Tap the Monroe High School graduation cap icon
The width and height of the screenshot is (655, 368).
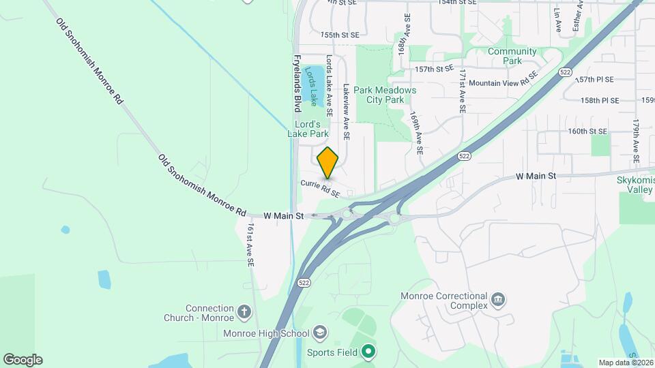[319, 333]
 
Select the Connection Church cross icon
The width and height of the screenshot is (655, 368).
[244, 313]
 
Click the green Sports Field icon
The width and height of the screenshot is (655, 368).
[369, 352]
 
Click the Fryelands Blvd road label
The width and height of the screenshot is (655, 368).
[297, 84]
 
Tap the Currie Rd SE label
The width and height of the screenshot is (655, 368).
[320, 188]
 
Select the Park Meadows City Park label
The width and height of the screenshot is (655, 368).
[385, 95]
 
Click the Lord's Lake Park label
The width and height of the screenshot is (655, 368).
[311, 129]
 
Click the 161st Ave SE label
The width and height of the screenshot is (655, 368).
[250, 245]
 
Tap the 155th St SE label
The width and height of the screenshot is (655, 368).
[339, 34]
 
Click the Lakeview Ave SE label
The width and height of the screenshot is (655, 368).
[347, 112]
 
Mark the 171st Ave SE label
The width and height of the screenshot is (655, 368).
[463, 90]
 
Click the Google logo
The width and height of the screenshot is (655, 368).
[23, 360]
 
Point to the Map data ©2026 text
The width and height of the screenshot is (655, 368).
[626, 363]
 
